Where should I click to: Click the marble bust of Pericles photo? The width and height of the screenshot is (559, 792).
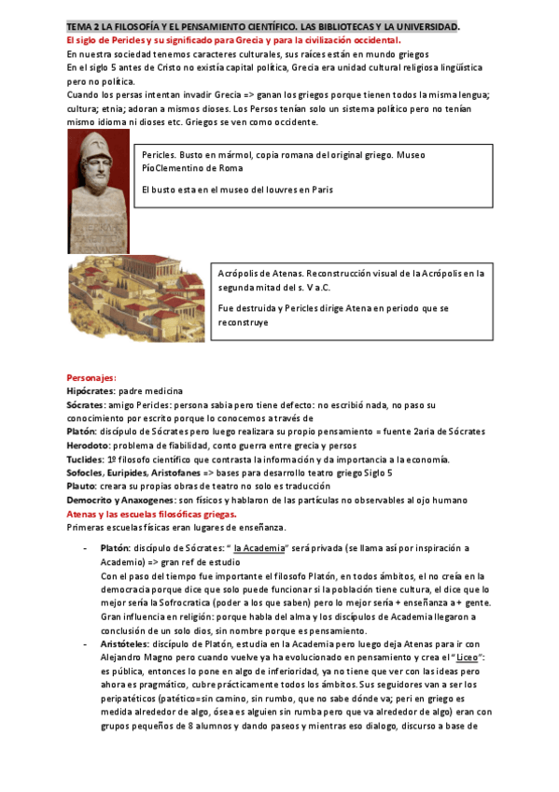(x=98, y=191)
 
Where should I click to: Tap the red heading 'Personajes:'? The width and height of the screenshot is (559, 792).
(x=91, y=377)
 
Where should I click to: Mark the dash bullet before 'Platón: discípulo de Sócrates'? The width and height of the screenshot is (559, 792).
(x=85, y=547)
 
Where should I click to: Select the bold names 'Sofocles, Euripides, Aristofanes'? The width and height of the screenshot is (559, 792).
(x=132, y=473)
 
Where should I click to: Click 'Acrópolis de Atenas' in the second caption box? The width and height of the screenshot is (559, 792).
(x=260, y=274)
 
